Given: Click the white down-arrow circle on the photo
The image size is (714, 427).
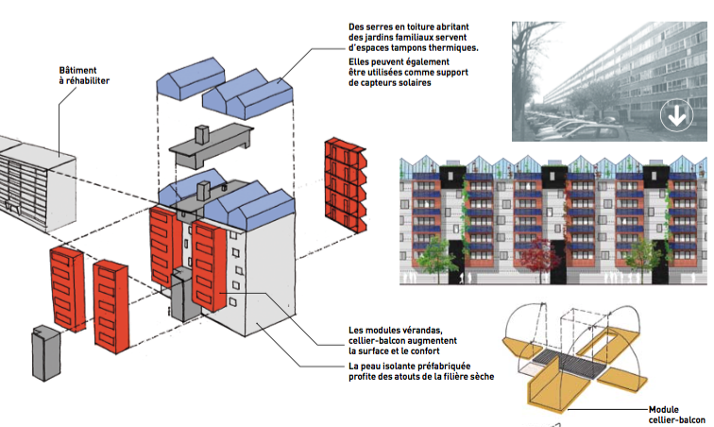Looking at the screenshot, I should pos(675,117).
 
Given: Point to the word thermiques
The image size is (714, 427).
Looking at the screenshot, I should pos(448,48).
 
